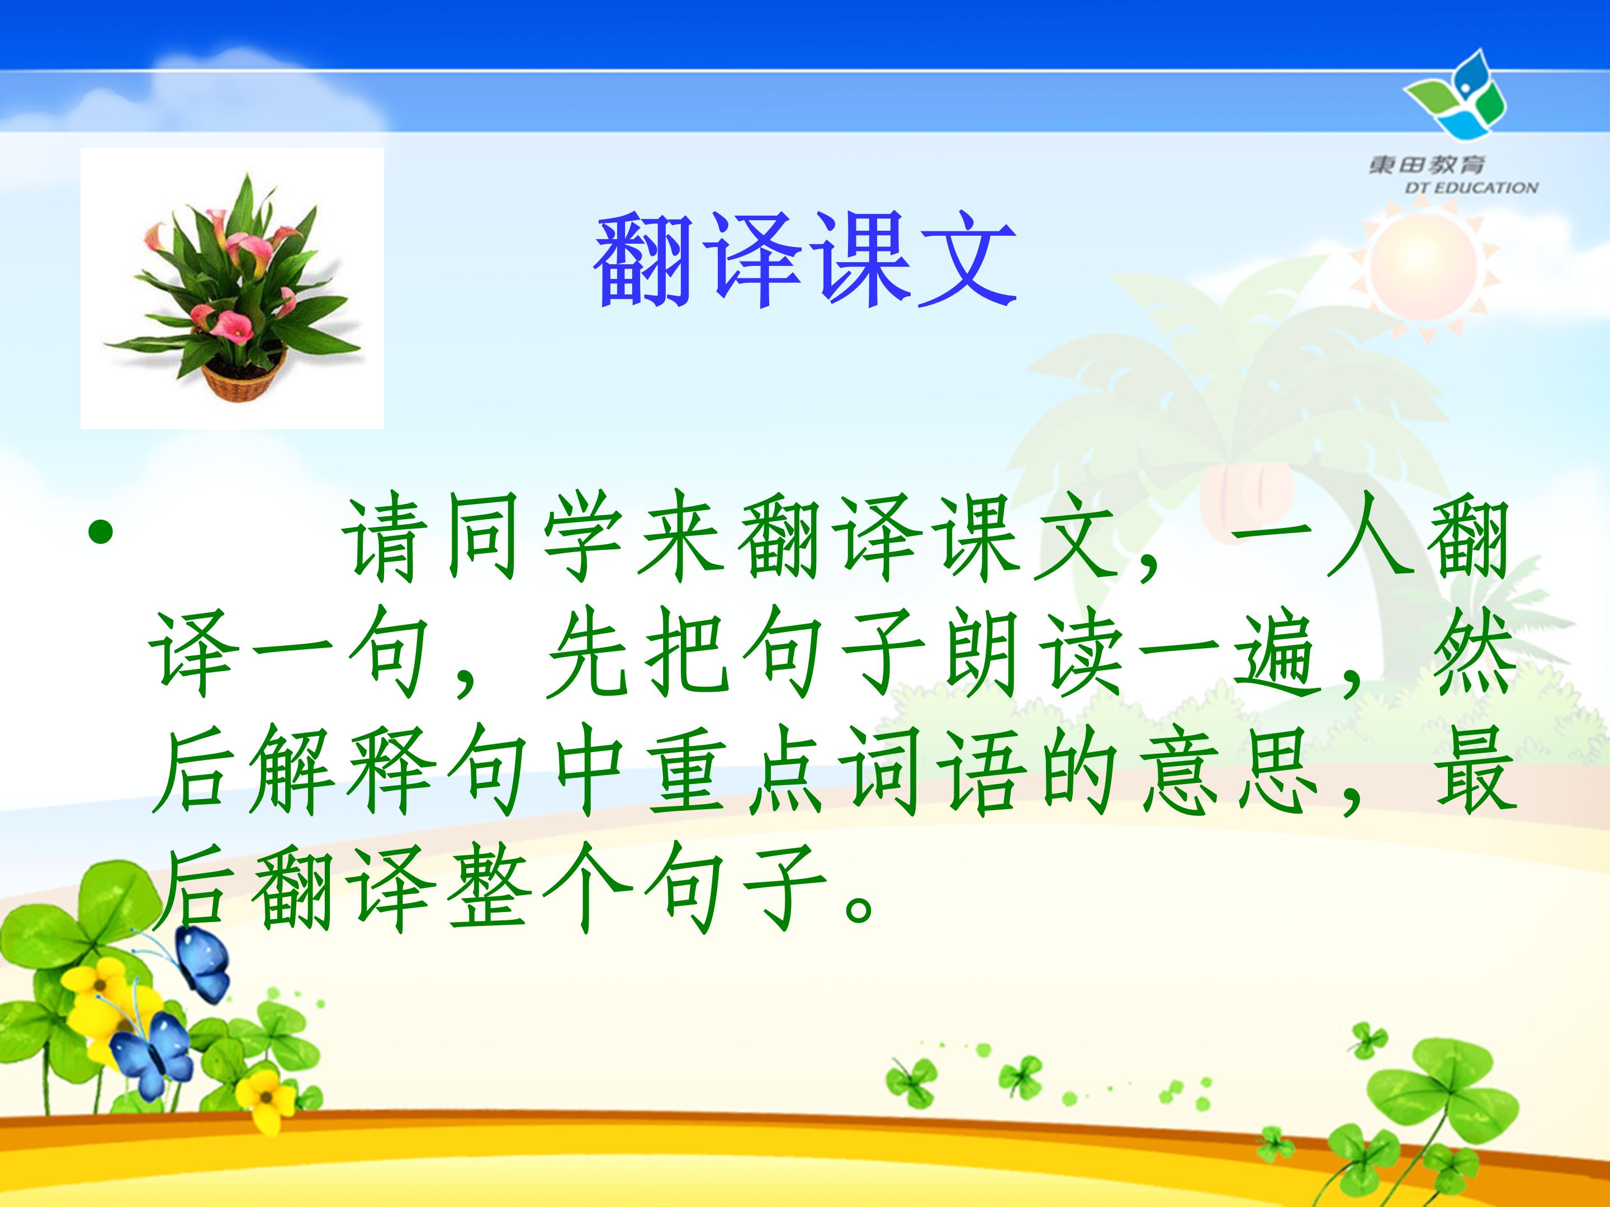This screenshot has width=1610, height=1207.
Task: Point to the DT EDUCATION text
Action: (x=1471, y=188)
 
